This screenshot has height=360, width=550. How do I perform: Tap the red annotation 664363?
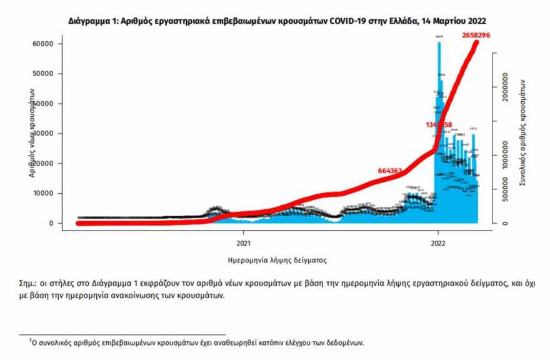click(x=392, y=170)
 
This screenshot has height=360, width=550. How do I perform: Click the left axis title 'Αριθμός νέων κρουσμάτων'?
click(x=31, y=133)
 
